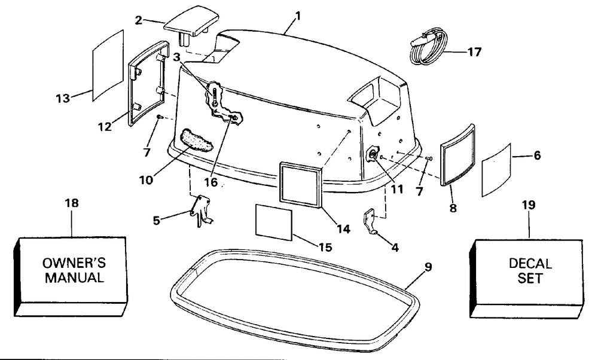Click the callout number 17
pos(474,51)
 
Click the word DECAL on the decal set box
pos(530,264)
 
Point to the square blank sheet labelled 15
pos(273,221)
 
